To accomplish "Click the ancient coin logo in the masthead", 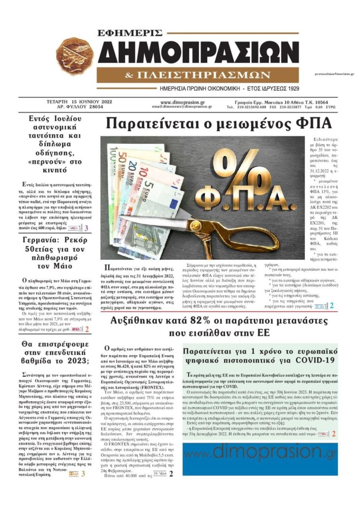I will point(75,58).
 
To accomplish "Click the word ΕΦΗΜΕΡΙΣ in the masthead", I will point(130,33).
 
